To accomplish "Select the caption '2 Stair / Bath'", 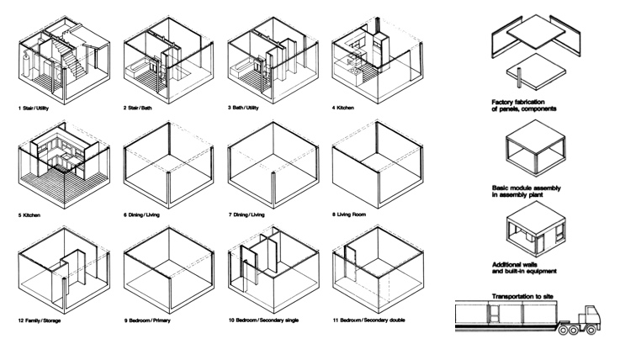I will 144,109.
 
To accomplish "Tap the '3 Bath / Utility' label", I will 250,109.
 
